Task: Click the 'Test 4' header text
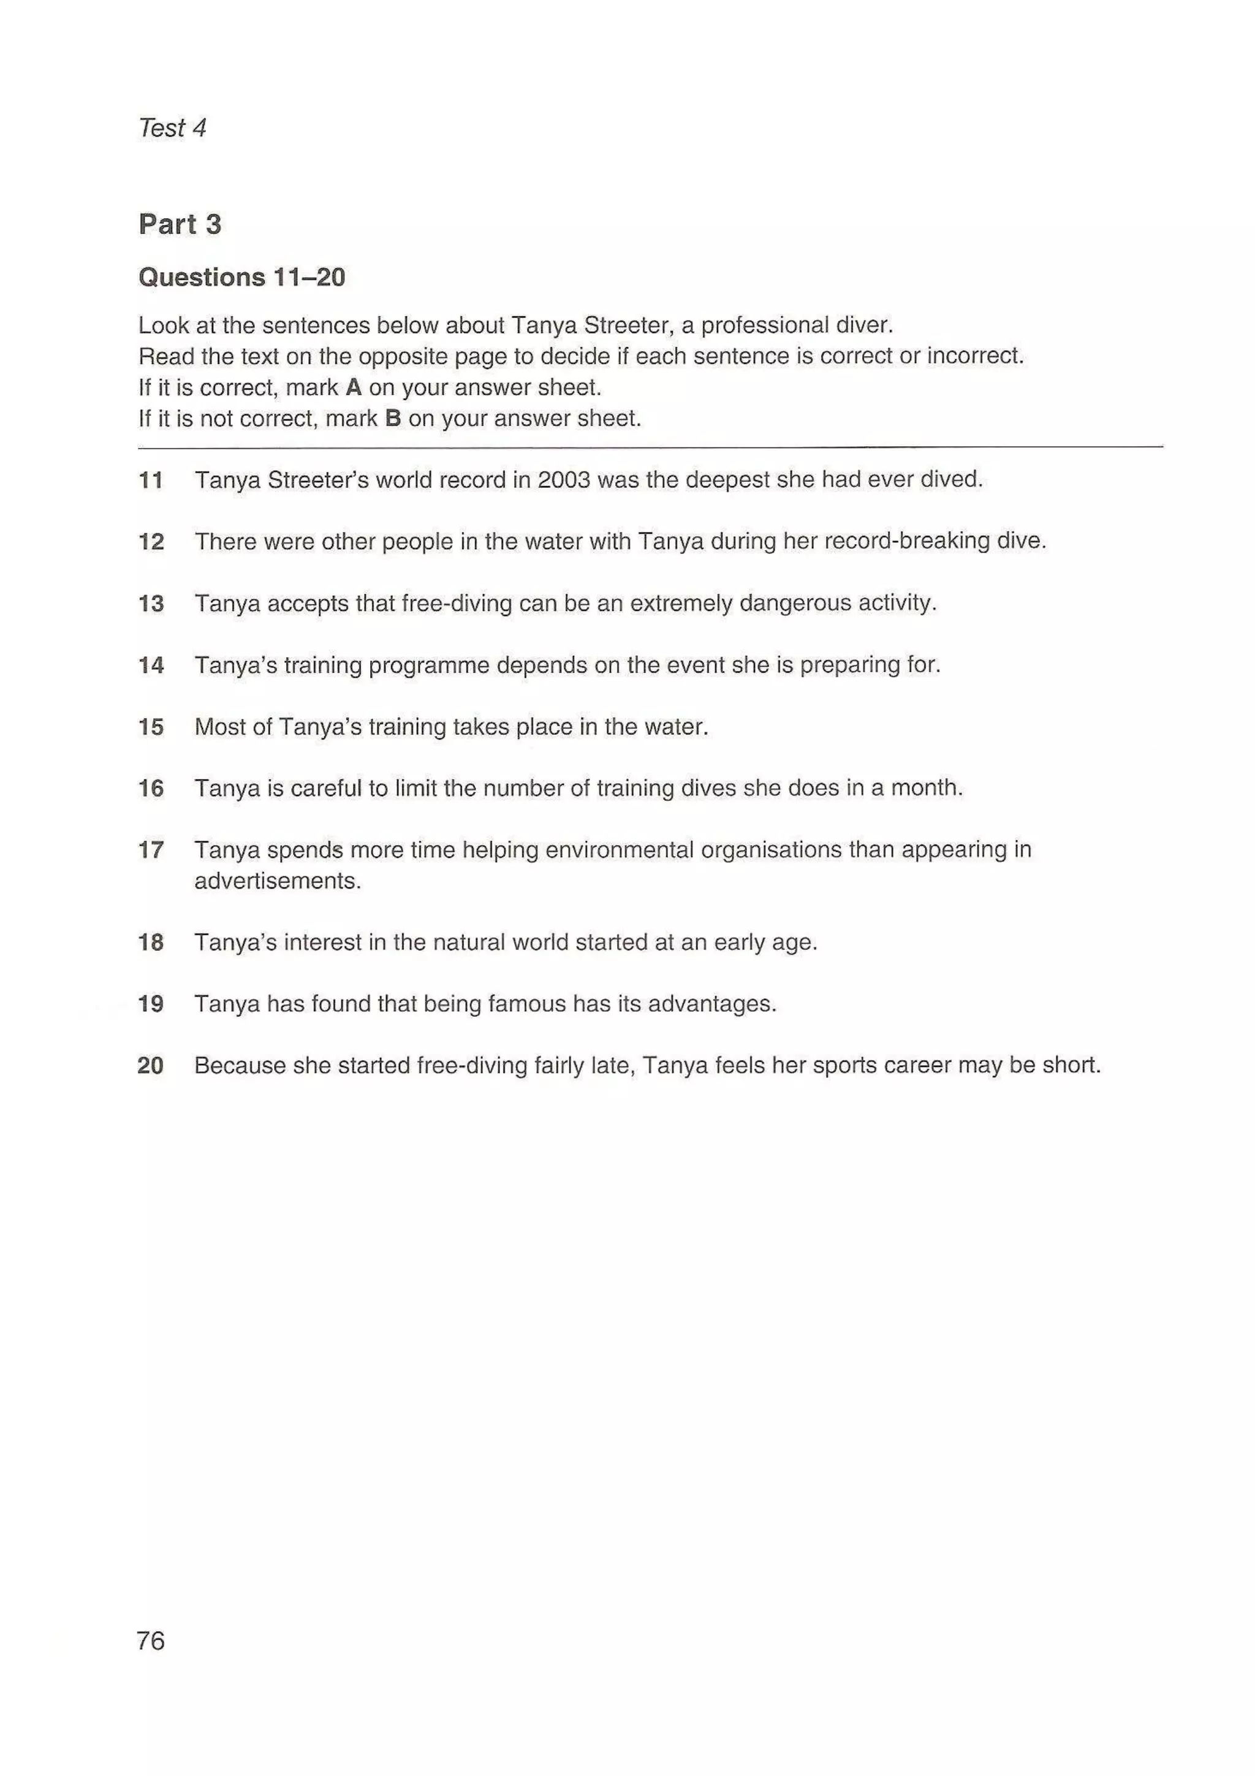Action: tap(172, 127)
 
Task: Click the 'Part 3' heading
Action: tap(180, 224)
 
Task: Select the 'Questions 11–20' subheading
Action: tap(241, 277)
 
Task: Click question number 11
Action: tap(151, 480)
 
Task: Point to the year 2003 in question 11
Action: tap(564, 480)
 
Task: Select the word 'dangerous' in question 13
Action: tap(794, 602)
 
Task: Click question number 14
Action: tap(151, 665)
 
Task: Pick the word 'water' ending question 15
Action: tap(677, 727)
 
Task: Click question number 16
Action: tap(151, 788)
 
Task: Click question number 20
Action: tap(151, 1066)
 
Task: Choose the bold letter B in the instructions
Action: tap(393, 419)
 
